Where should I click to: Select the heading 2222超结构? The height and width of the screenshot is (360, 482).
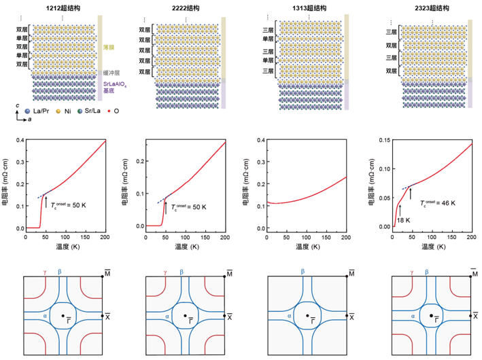coord(183,6)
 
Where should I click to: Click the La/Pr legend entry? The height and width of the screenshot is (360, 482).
coord(34,109)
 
